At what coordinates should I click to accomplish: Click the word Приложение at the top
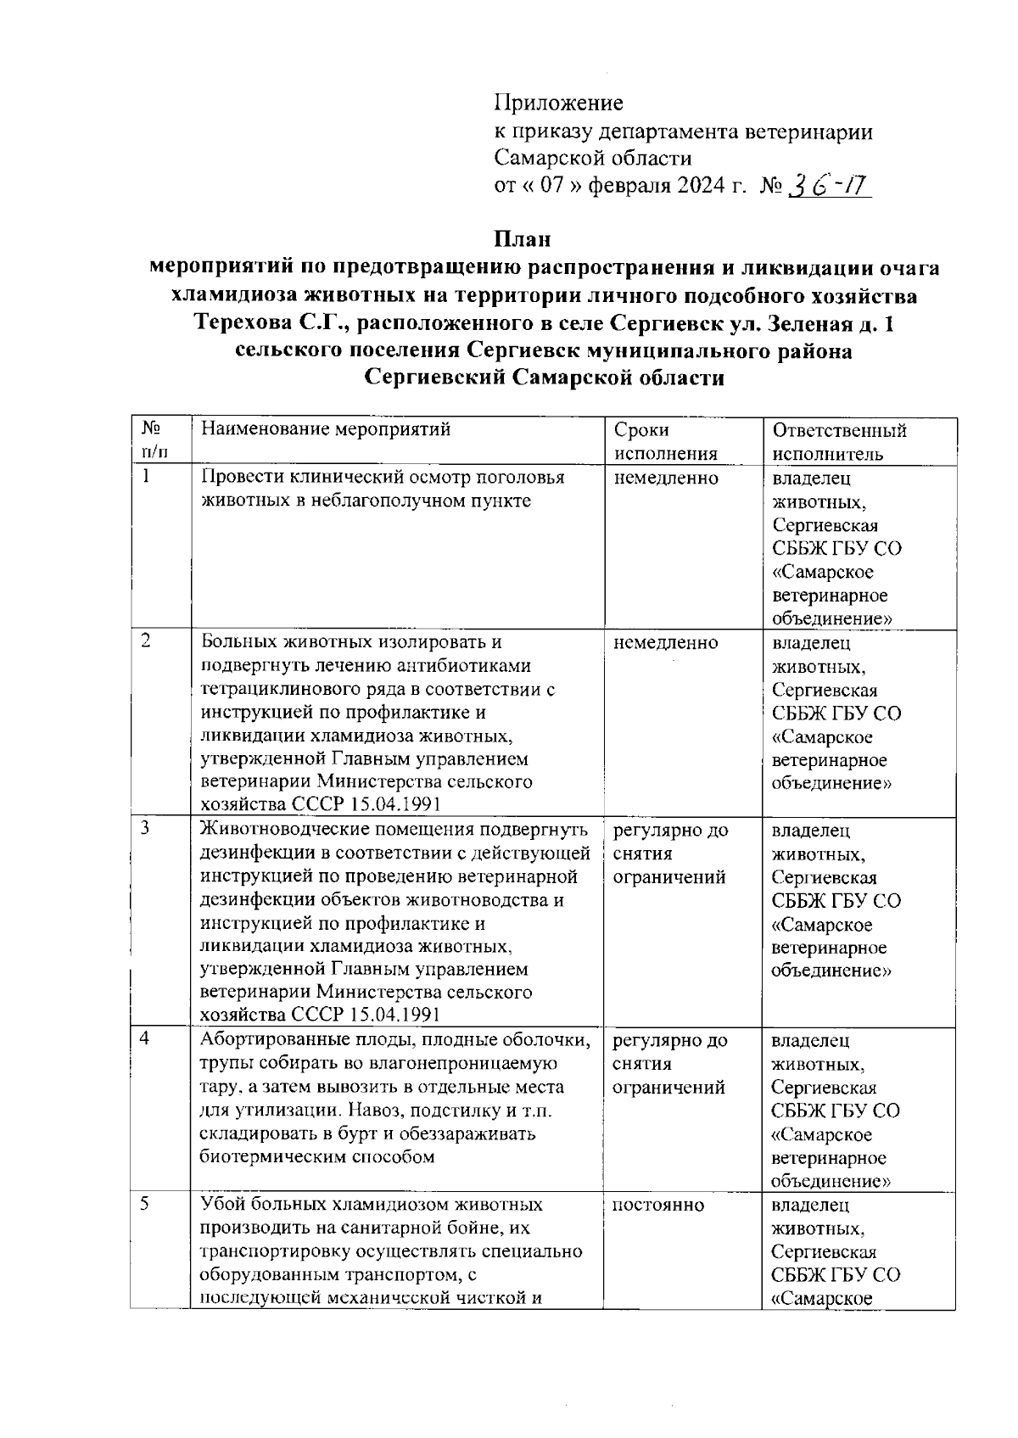click(558, 104)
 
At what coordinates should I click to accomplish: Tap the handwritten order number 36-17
click(828, 186)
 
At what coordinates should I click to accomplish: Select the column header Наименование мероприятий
click(325, 429)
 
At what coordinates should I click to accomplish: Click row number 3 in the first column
click(146, 828)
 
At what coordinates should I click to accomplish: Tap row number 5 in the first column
click(146, 1204)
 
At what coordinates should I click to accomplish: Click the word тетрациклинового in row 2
click(280, 690)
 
